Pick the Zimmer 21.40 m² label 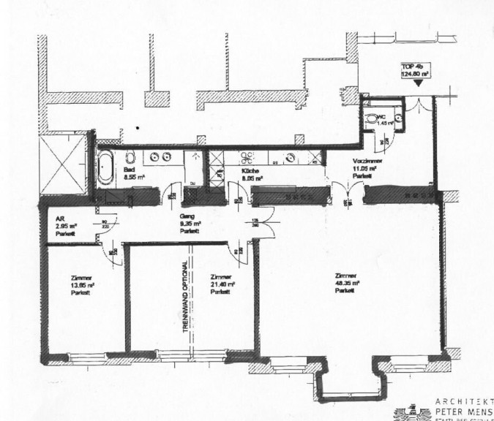tap(221, 284)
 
